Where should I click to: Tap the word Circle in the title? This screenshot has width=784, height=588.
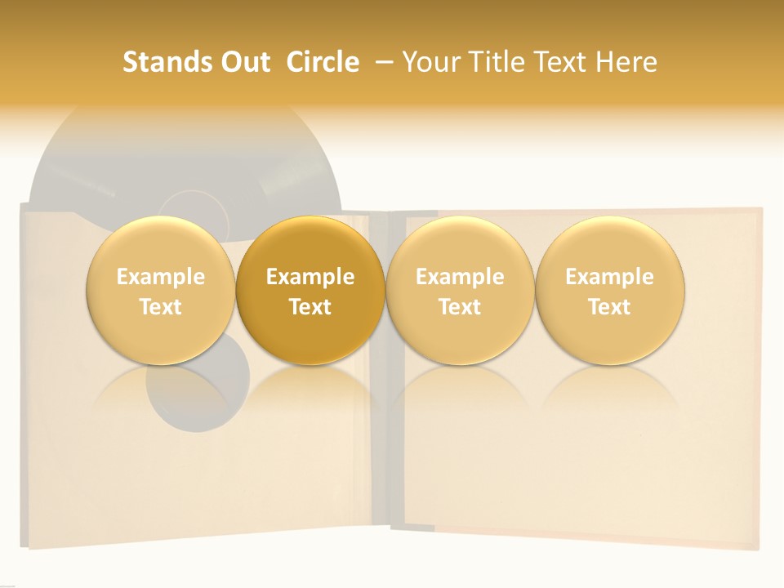[323, 62]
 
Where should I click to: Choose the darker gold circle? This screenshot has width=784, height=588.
[310, 290]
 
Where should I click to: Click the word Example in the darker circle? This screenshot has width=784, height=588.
[310, 277]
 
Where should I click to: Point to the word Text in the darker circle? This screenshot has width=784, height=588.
[310, 307]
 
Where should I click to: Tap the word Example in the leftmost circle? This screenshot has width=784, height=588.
[160, 277]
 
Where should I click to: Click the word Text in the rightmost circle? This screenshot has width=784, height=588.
[609, 307]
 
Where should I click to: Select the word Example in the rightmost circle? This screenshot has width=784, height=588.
[609, 277]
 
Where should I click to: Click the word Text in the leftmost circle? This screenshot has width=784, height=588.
[160, 307]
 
